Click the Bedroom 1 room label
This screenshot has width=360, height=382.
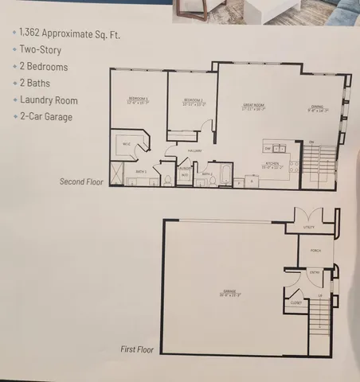coord(138,99)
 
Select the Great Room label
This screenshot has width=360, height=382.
coord(254,106)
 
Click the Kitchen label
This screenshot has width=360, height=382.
coord(273,165)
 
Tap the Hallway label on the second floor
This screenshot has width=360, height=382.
coord(195,150)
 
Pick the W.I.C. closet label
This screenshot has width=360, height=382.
coord(126,143)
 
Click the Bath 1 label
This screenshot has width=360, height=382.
coord(140,171)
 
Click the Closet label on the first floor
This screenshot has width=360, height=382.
coord(296,302)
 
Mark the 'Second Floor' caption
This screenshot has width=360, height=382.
coord(82,181)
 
